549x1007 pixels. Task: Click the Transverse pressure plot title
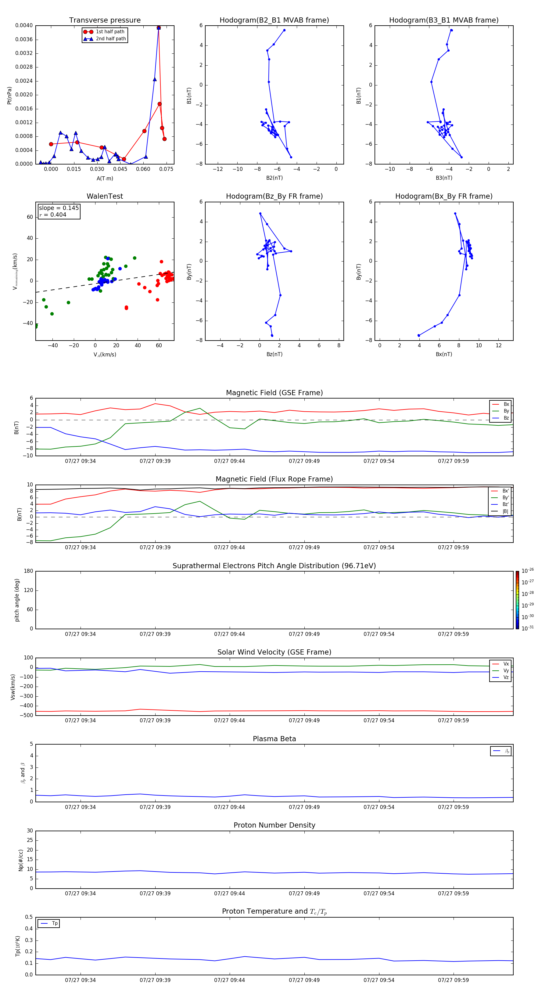[x=105, y=20]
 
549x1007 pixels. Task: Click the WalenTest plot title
[x=105, y=196]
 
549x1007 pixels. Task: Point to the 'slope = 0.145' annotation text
[x=59, y=208]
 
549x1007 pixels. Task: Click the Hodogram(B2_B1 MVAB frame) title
[x=274, y=20]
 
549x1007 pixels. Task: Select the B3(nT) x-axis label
[x=444, y=178]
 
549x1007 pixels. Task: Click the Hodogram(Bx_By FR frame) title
[x=443, y=196]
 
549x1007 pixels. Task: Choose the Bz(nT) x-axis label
[x=274, y=354]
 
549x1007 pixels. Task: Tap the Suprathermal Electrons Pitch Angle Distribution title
[x=274, y=566]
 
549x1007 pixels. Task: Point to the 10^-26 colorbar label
[x=528, y=571]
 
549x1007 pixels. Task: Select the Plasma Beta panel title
[x=274, y=739]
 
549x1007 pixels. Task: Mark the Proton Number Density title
[x=274, y=825]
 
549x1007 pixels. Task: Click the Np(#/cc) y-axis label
[x=21, y=860]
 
